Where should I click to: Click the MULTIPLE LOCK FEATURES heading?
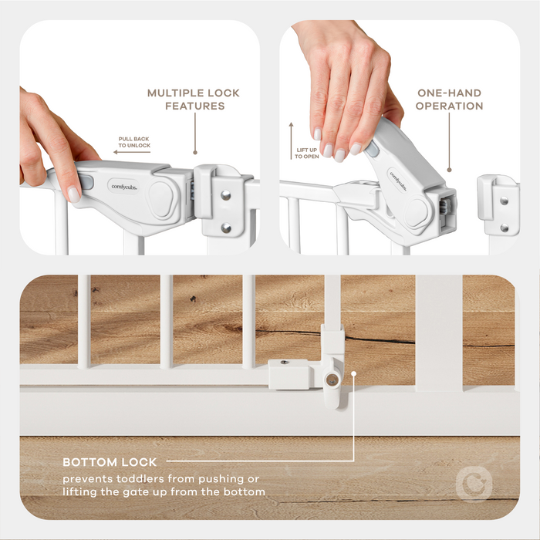pyautogui.click(x=194, y=100)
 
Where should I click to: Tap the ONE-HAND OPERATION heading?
pyautogui.click(x=449, y=100)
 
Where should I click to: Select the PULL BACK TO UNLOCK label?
pyautogui.click(x=134, y=142)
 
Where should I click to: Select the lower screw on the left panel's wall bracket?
pyautogui.click(x=225, y=228)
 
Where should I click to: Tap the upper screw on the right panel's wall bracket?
pyautogui.click(x=504, y=201)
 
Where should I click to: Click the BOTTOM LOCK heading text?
pyautogui.click(x=110, y=462)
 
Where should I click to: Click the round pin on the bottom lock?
pyautogui.click(x=332, y=380)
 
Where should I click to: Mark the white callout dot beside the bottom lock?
pyautogui.click(x=354, y=376)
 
